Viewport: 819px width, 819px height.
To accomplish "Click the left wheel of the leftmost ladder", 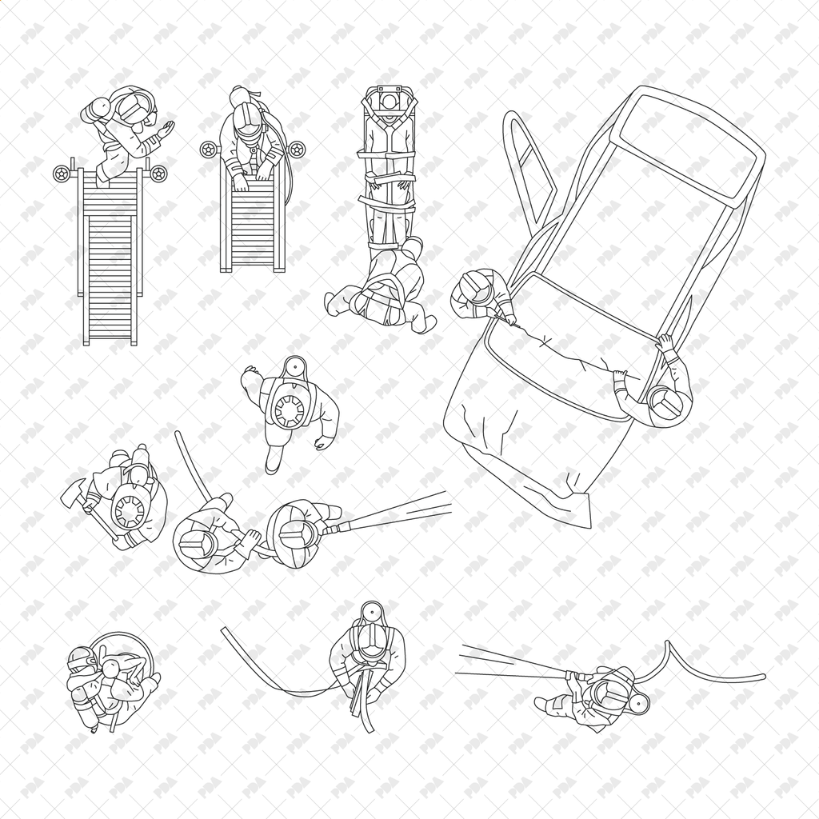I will tap(62, 173).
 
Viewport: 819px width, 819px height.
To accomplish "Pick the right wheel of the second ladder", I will tap(296, 149).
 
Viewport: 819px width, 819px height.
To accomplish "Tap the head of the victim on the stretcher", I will tap(389, 103).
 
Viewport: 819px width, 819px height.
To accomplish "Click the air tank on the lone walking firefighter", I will tap(288, 408).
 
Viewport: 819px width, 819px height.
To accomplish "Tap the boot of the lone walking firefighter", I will tap(273, 462).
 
